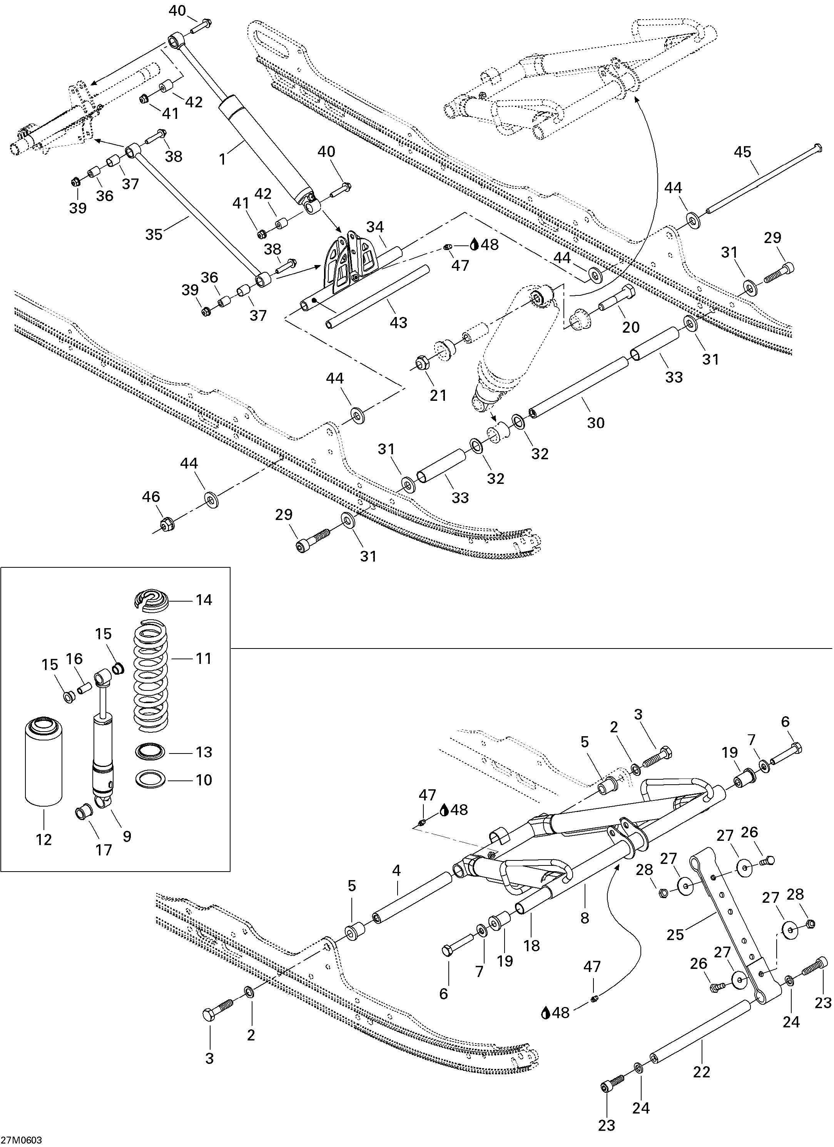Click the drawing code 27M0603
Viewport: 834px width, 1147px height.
point(21,1140)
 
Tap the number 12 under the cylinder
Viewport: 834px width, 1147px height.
point(44,840)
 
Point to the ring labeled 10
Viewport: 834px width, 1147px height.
point(151,779)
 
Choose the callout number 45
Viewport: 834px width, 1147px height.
point(742,152)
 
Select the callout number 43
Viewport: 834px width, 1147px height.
point(399,322)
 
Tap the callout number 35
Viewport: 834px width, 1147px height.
point(154,234)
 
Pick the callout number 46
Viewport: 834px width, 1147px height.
point(151,497)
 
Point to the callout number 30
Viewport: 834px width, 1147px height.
point(596,422)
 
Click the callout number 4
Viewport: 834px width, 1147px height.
point(396,870)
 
